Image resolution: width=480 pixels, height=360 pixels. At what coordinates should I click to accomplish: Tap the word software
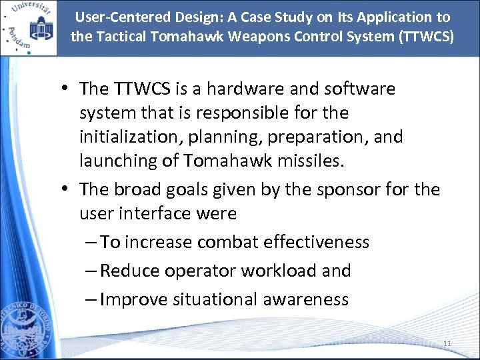(x=360, y=89)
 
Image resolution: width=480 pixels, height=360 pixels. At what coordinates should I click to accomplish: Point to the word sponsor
(x=350, y=189)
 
